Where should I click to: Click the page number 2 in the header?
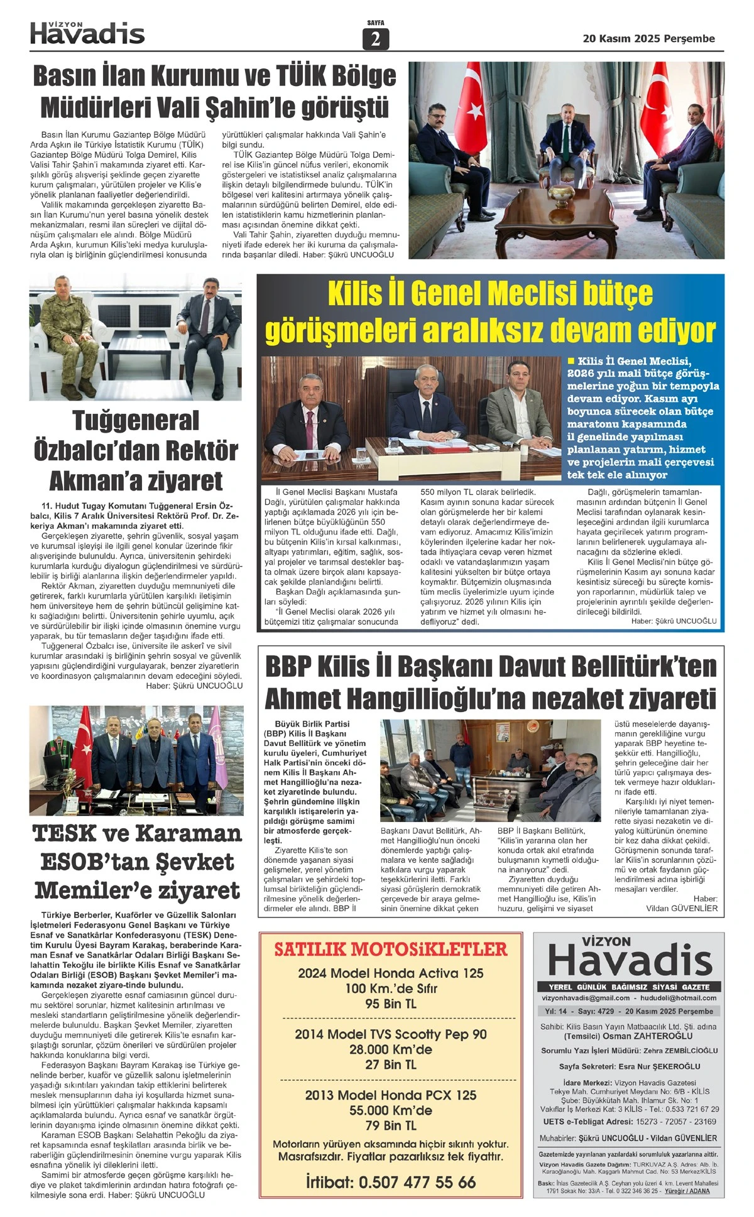pyautogui.click(x=376, y=40)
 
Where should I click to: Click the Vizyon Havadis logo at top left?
pyautogui.click(x=87, y=33)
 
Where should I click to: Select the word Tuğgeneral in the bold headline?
pyautogui.click(x=136, y=421)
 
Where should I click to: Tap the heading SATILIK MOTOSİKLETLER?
pyautogui.click(x=390, y=949)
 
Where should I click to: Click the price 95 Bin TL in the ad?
pyautogui.click(x=390, y=1003)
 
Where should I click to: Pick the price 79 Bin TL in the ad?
pyautogui.click(x=390, y=1125)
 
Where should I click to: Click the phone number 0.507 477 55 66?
pyautogui.click(x=417, y=1182)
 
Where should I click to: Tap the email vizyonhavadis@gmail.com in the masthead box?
pyautogui.click(x=586, y=998)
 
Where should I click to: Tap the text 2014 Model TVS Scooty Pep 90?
pyautogui.click(x=390, y=1034)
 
